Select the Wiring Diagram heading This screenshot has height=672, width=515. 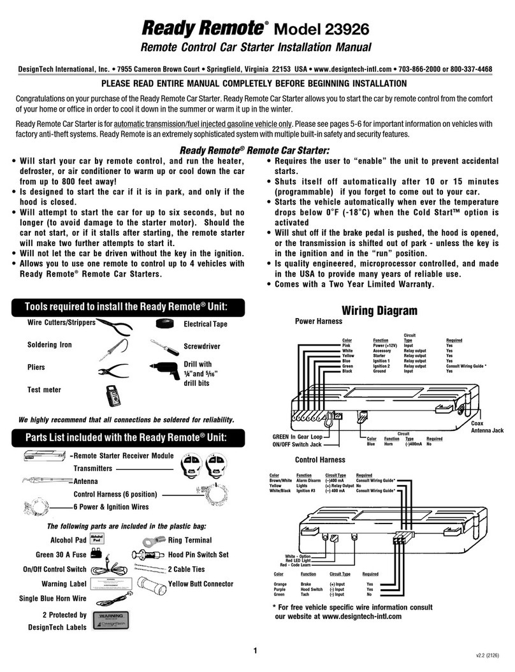pos(380,311)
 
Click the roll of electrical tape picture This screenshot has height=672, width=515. pos(168,324)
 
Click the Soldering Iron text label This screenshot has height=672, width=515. pos(50,345)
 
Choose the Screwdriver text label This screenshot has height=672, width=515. pos(203,346)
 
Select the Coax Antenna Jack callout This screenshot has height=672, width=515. pos(486,427)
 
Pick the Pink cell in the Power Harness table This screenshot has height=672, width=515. pos(347,346)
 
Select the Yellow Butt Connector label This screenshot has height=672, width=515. pos(200,583)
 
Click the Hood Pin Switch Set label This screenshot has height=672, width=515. pos(198,555)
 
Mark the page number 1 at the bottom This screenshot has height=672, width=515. pos(255,651)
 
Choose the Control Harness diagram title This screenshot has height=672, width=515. pos(320,459)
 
